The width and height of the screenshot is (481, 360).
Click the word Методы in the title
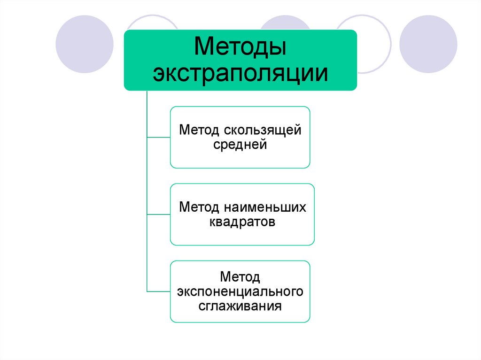[x=240, y=48]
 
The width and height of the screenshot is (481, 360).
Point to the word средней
[x=240, y=145]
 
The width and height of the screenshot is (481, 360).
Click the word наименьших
[x=265, y=207]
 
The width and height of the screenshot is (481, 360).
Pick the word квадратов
[x=242, y=222]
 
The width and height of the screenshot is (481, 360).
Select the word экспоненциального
[x=240, y=291]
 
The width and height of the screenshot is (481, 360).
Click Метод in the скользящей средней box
[x=199, y=130]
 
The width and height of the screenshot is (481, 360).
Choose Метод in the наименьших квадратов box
[x=199, y=207]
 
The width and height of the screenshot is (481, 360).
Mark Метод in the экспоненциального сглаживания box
[x=240, y=276]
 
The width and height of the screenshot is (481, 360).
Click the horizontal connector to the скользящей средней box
[x=159, y=137]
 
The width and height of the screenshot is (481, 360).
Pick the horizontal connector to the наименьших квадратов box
[x=159, y=214]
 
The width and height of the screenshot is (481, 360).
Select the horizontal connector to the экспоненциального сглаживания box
[x=159, y=291]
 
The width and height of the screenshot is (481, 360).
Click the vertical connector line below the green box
[x=147, y=188]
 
